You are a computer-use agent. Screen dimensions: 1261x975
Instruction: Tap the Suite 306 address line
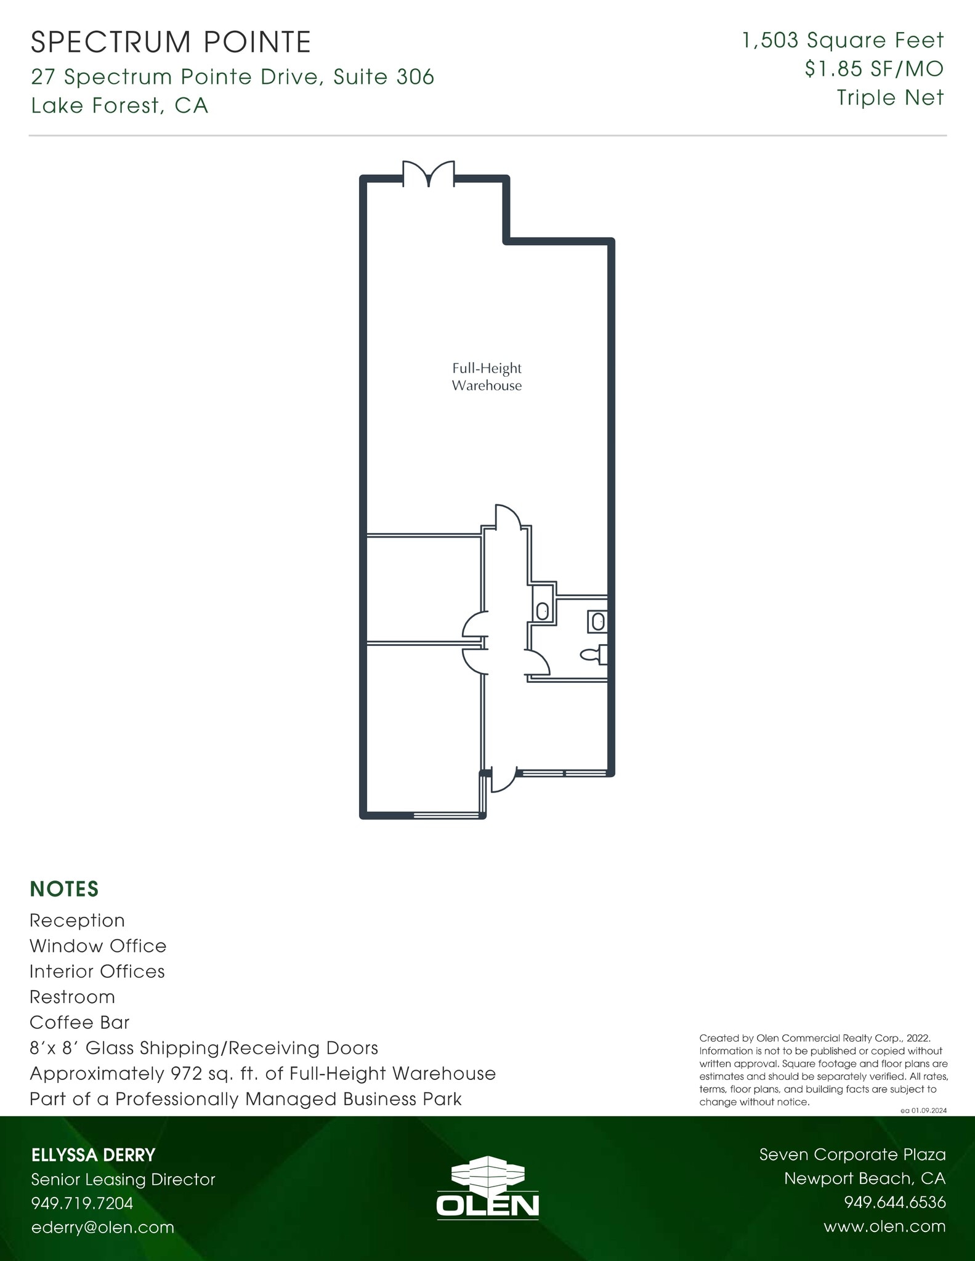[233, 77]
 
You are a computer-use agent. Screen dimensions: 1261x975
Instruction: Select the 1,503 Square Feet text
[843, 41]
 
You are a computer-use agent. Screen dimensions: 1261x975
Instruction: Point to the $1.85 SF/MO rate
[873, 69]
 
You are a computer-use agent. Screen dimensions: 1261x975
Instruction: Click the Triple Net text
[889, 97]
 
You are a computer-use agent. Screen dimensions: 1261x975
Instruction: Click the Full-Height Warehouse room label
[487, 377]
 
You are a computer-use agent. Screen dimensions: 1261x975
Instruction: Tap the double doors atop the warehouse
[429, 174]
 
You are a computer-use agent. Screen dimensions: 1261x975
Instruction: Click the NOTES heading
[64, 889]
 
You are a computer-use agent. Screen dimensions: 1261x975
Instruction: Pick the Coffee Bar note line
[79, 1023]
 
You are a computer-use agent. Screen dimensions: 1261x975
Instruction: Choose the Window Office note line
[98, 946]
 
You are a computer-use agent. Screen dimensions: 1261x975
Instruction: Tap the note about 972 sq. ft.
[262, 1074]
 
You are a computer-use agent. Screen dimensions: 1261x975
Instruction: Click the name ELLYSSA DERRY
[93, 1155]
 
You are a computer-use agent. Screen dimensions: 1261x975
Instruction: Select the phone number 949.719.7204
[82, 1203]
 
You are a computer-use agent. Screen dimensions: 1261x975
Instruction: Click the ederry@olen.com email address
[103, 1227]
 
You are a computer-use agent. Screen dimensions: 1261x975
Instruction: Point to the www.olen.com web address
[884, 1227]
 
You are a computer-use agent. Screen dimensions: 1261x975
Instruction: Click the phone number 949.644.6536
[894, 1203]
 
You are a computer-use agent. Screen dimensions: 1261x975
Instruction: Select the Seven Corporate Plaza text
[852, 1154]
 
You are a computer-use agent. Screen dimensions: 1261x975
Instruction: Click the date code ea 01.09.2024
[923, 1111]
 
